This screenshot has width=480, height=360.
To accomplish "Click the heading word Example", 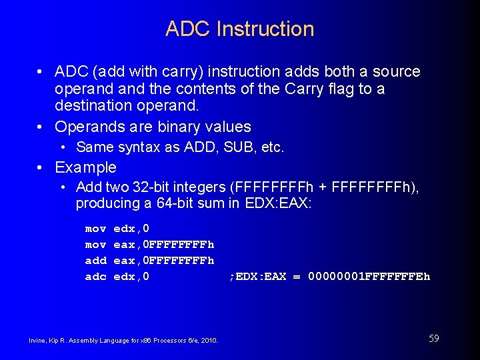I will (85, 167).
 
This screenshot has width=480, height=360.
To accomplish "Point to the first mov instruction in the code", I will (95, 229).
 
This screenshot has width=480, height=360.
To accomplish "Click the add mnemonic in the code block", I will (95, 260).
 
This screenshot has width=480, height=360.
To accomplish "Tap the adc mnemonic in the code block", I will (95, 276).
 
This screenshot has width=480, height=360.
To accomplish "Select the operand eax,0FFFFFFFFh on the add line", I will (164, 260).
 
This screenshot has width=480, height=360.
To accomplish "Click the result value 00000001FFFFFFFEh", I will (369, 276).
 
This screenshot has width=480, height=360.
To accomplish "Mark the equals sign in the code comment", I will (297, 276).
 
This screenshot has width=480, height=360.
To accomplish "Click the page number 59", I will (433, 339).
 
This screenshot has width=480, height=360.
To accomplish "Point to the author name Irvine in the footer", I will (37, 341).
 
